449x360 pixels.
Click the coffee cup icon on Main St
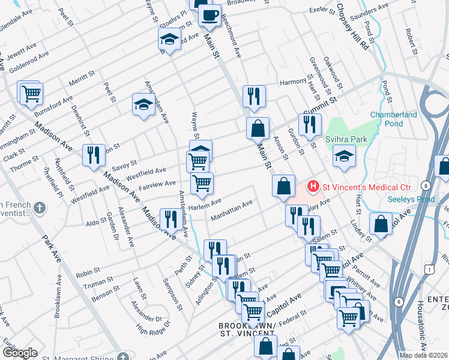pos(209,16)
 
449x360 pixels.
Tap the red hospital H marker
pos(313,187)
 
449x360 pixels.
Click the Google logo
pos(19,352)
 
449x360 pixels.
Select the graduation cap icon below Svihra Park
pos(344,156)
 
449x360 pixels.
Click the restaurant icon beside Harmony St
pos(254,95)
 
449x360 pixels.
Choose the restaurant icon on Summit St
pos(309,125)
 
